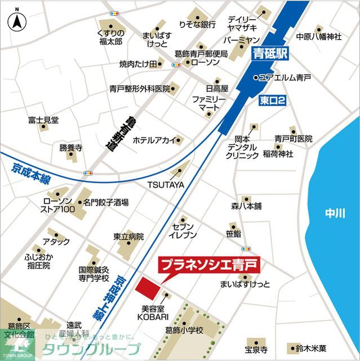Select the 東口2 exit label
(x=273, y=100)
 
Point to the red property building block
(x=148, y=285)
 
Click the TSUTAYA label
(x=166, y=184)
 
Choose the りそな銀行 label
(x=197, y=24)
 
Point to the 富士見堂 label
(x=43, y=120)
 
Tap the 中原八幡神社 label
(x=319, y=37)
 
